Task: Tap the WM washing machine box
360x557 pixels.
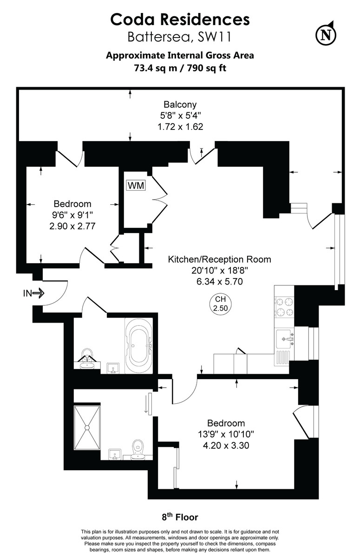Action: (136, 186)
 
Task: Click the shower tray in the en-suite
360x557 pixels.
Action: (87, 427)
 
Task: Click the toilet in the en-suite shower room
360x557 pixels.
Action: (138, 449)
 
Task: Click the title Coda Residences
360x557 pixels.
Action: (180, 19)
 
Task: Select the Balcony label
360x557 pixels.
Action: (180, 104)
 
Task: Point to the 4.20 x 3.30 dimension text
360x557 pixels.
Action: (226, 445)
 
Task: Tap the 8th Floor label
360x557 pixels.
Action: (180, 517)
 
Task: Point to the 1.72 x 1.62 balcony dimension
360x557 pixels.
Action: (180, 126)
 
